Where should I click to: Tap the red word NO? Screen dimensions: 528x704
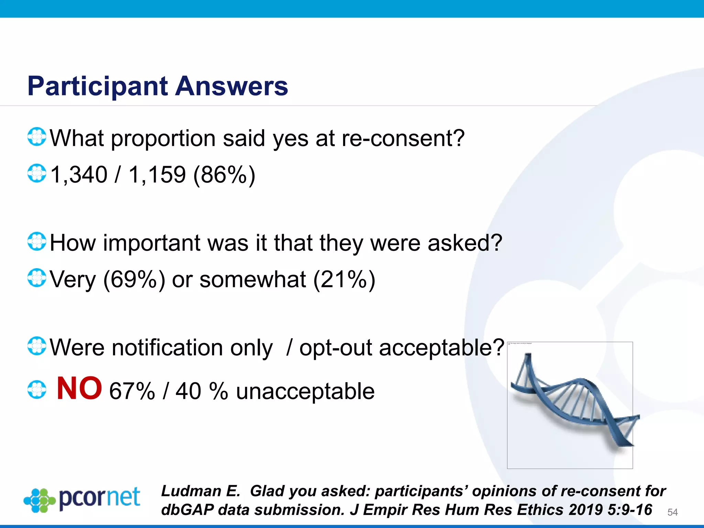pos(79,388)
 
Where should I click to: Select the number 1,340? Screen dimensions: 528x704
pos(79,175)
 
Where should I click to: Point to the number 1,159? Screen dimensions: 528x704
pos(157,175)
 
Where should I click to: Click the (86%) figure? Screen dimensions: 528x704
pos(224,175)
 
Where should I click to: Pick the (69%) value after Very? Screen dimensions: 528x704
pos(134,279)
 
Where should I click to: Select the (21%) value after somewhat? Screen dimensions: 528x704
pos(344,279)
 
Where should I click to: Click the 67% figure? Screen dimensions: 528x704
pos(132,391)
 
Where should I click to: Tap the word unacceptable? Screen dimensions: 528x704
pos(305,391)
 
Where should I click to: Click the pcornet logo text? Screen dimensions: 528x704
pos(99,497)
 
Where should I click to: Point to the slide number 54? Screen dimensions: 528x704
pos(672,512)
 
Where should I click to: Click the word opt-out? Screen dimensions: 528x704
pos(335,348)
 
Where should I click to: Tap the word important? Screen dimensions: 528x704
pos(151,243)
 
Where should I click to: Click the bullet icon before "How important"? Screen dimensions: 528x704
pos(36,241)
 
